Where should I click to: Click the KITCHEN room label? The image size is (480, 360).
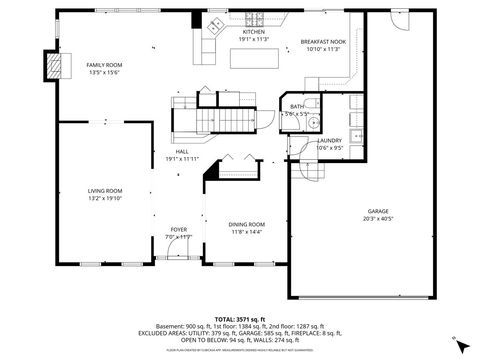254,32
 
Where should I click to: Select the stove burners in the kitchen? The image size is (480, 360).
253,21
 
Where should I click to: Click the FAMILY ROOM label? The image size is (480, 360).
103,64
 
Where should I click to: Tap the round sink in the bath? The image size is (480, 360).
312,122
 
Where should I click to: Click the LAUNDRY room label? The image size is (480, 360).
330,141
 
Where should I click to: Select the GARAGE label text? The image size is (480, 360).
377,211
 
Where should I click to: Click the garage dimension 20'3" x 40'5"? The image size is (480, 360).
377,218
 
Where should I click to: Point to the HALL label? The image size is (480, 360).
182,152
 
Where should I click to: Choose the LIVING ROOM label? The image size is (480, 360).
105,191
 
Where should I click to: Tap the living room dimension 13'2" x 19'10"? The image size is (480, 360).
105,198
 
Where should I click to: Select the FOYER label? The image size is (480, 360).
178,229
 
